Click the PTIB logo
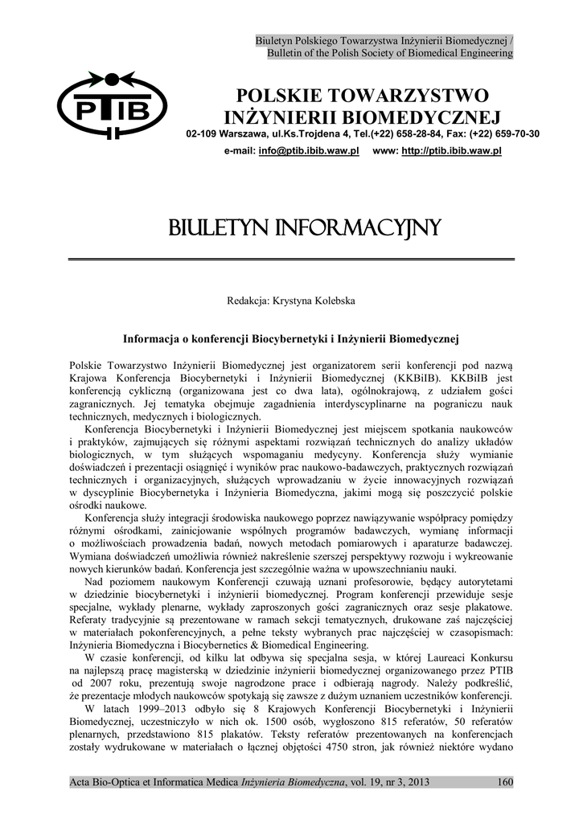coord(112,104)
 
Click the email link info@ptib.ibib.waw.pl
coord(309,151)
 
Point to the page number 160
coord(504,781)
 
